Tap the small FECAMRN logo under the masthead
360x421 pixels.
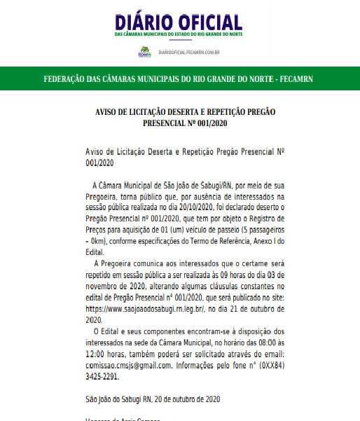click(144, 50)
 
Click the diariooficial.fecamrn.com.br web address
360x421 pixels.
click(190, 51)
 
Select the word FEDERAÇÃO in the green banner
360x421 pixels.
click(71, 78)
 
